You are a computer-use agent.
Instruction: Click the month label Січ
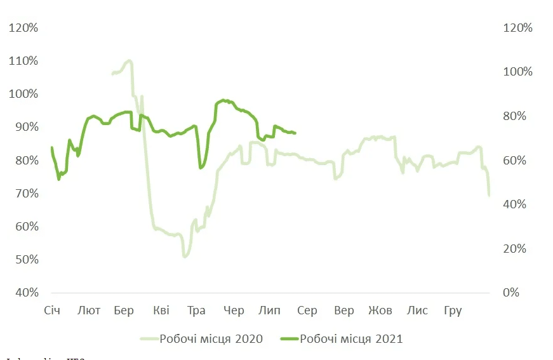click(x=51, y=310)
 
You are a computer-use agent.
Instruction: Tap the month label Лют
click(x=88, y=310)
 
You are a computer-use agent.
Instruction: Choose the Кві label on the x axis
click(x=161, y=310)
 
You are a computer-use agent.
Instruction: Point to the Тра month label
click(x=197, y=310)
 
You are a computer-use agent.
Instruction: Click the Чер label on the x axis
click(x=234, y=310)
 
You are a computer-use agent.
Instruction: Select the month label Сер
click(x=307, y=310)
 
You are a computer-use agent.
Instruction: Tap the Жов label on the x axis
click(x=380, y=310)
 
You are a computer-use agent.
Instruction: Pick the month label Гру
click(x=453, y=310)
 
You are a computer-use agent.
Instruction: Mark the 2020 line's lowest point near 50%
click(x=185, y=257)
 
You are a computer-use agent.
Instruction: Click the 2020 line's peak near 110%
click(x=130, y=61)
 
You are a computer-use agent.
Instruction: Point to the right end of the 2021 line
click(x=295, y=133)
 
